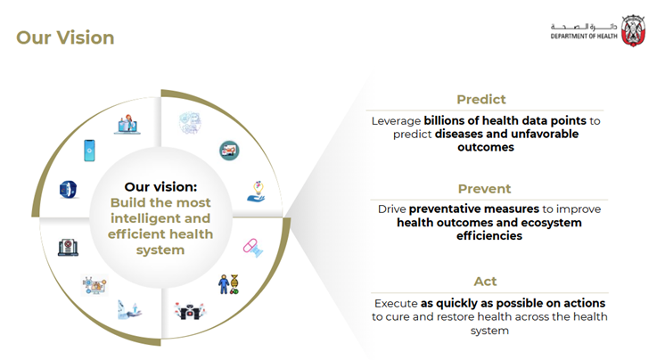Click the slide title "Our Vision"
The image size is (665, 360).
pos(65,37)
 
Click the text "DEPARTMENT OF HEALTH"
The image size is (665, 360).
pos(584,37)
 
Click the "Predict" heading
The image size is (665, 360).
pos(481,100)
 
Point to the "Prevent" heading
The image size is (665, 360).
pos(484,189)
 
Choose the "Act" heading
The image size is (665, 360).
pos(485,282)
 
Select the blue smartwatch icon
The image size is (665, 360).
pos(69,189)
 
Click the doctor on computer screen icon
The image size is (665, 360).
pos(127,124)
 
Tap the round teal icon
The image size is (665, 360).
pos(229,151)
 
